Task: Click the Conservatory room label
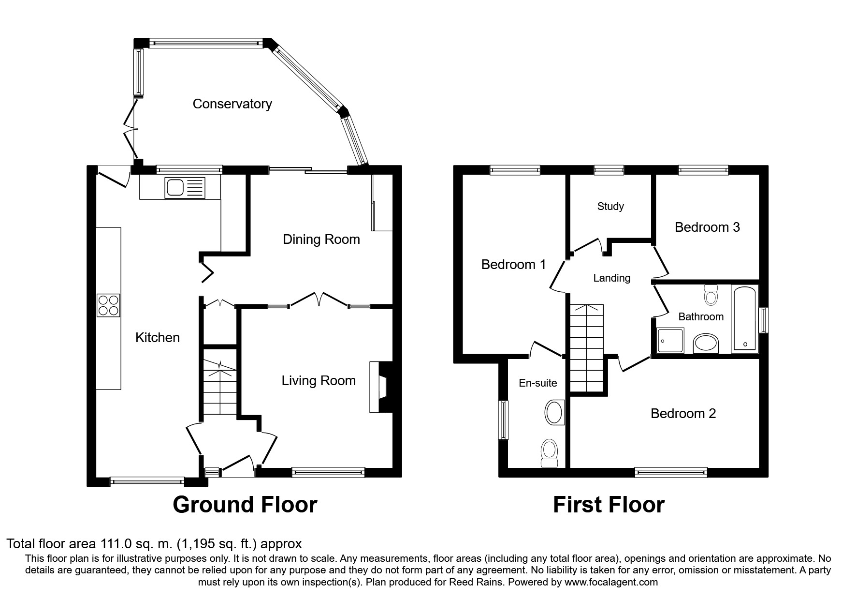(x=232, y=104)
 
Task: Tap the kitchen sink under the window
(x=185, y=187)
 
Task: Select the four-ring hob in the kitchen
(x=108, y=305)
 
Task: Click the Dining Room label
(x=321, y=240)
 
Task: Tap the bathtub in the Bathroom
(x=745, y=319)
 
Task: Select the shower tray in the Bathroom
(x=670, y=340)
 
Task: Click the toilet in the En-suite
(x=549, y=453)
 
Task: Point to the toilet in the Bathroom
(x=711, y=295)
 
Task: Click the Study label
(x=610, y=207)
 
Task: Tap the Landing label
(x=612, y=278)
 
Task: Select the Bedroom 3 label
(x=707, y=227)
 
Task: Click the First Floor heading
(x=609, y=505)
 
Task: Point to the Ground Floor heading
(x=245, y=505)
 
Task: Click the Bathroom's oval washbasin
(x=706, y=344)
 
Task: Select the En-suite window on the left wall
(x=504, y=420)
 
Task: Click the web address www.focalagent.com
(x=611, y=582)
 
